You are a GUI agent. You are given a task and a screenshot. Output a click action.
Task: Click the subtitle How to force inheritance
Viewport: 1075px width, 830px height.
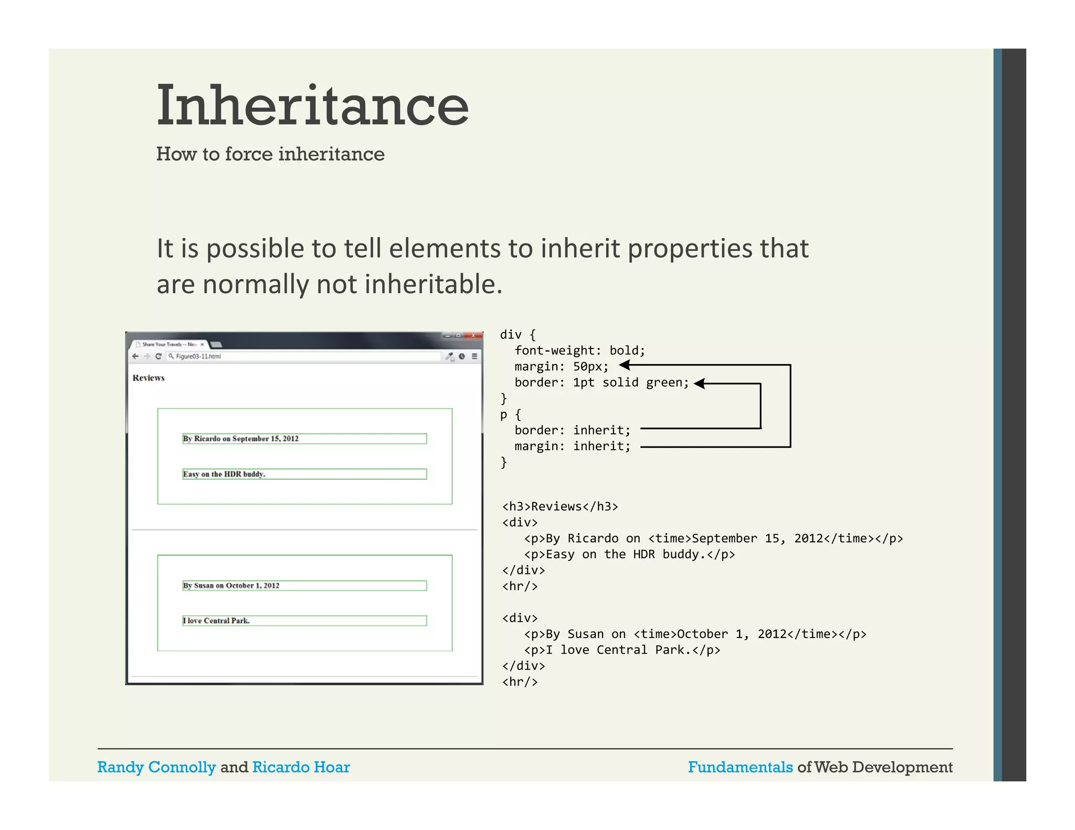click(270, 154)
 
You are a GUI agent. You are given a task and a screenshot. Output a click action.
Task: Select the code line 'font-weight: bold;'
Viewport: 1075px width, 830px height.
click(579, 350)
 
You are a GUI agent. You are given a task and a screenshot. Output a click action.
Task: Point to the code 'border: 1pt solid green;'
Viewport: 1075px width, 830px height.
click(602, 382)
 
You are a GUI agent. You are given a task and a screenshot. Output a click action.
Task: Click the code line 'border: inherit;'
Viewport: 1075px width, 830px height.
click(572, 430)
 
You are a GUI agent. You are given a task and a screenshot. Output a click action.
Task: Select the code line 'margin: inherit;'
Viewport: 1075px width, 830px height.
click(572, 446)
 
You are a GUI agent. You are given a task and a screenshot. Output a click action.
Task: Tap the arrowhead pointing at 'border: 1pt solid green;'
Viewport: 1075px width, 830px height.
click(699, 384)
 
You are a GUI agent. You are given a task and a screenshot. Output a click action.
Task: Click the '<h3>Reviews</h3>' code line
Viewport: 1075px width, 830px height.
click(560, 506)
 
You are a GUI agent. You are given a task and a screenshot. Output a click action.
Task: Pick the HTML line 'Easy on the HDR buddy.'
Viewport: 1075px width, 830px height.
click(629, 555)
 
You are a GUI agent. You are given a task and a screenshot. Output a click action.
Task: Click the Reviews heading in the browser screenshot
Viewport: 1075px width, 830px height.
click(149, 378)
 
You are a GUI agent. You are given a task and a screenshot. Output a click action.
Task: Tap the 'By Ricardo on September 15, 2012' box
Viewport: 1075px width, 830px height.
click(304, 439)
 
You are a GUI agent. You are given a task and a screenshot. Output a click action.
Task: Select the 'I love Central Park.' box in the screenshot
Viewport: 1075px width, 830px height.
click(304, 621)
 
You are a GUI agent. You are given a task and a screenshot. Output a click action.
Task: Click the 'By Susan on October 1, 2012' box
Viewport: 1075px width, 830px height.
click(304, 586)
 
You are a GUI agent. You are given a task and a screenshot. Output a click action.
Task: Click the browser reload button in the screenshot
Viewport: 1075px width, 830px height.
click(158, 356)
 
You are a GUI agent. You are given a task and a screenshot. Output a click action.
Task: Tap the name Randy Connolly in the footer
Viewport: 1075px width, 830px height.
click(156, 767)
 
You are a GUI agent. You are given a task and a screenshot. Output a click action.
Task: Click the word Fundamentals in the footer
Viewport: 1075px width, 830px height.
click(740, 767)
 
